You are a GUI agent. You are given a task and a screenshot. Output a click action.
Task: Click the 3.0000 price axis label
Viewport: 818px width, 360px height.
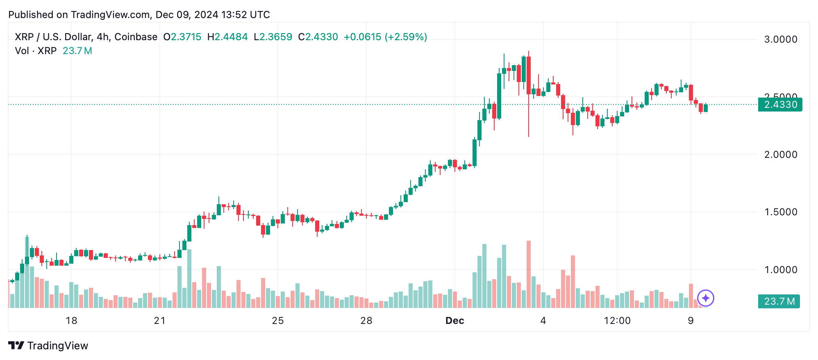780,39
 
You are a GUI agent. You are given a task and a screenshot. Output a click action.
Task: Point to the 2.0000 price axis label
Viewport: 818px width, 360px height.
780,155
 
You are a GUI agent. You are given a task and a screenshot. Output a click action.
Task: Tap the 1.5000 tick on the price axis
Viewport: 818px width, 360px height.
780,212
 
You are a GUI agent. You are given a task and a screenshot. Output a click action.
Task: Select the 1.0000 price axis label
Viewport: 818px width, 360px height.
780,270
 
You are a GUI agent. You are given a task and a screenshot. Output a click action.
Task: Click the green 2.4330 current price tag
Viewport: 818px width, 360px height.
780,105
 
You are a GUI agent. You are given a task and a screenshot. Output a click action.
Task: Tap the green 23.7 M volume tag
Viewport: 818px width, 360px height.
779,301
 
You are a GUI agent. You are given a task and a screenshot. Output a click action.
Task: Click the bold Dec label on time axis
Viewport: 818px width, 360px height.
454,321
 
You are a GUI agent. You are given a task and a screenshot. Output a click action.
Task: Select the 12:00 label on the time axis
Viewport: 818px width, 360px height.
617,321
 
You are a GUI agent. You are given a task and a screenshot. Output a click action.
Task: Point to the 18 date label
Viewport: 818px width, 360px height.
71,321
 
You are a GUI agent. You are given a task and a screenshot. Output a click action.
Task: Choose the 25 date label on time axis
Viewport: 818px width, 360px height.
277,321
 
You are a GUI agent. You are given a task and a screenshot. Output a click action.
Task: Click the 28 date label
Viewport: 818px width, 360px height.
366,321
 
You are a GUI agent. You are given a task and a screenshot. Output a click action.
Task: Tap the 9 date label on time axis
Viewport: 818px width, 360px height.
691,321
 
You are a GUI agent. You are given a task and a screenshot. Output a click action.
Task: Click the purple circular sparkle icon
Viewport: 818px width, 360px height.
706,298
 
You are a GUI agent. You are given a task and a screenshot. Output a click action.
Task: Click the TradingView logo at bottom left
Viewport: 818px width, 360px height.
48,346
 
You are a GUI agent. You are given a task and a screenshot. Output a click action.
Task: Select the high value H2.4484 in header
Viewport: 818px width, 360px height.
227,37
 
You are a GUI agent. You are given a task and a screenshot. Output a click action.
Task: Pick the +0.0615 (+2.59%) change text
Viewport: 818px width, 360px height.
385,37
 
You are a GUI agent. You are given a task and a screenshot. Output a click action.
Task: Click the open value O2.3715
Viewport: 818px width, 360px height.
182,37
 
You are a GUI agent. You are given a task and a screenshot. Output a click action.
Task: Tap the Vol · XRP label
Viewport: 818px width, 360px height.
36,51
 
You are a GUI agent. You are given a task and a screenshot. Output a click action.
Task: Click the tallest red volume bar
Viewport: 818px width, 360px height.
529,275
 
